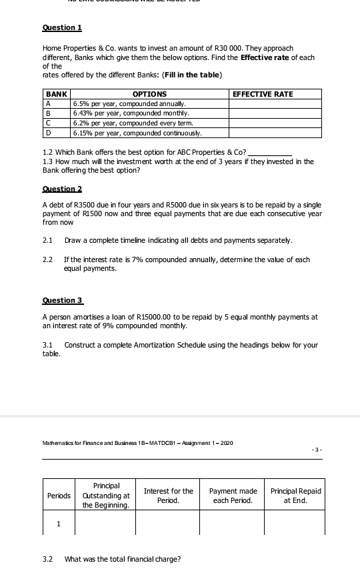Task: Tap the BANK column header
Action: [x=57, y=95]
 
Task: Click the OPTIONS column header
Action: [x=149, y=95]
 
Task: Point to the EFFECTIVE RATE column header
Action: [x=262, y=95]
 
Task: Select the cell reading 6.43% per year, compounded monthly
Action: [x=131, y=113]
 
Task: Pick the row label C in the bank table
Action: [x=48, y=123]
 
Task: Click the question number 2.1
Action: [x=47, y=239]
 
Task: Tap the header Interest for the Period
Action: [x=168, y=496]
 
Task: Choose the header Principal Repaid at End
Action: [x=295, y=496]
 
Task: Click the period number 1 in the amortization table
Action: [x=58, y=524]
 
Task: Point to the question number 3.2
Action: [x=47, y=559]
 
